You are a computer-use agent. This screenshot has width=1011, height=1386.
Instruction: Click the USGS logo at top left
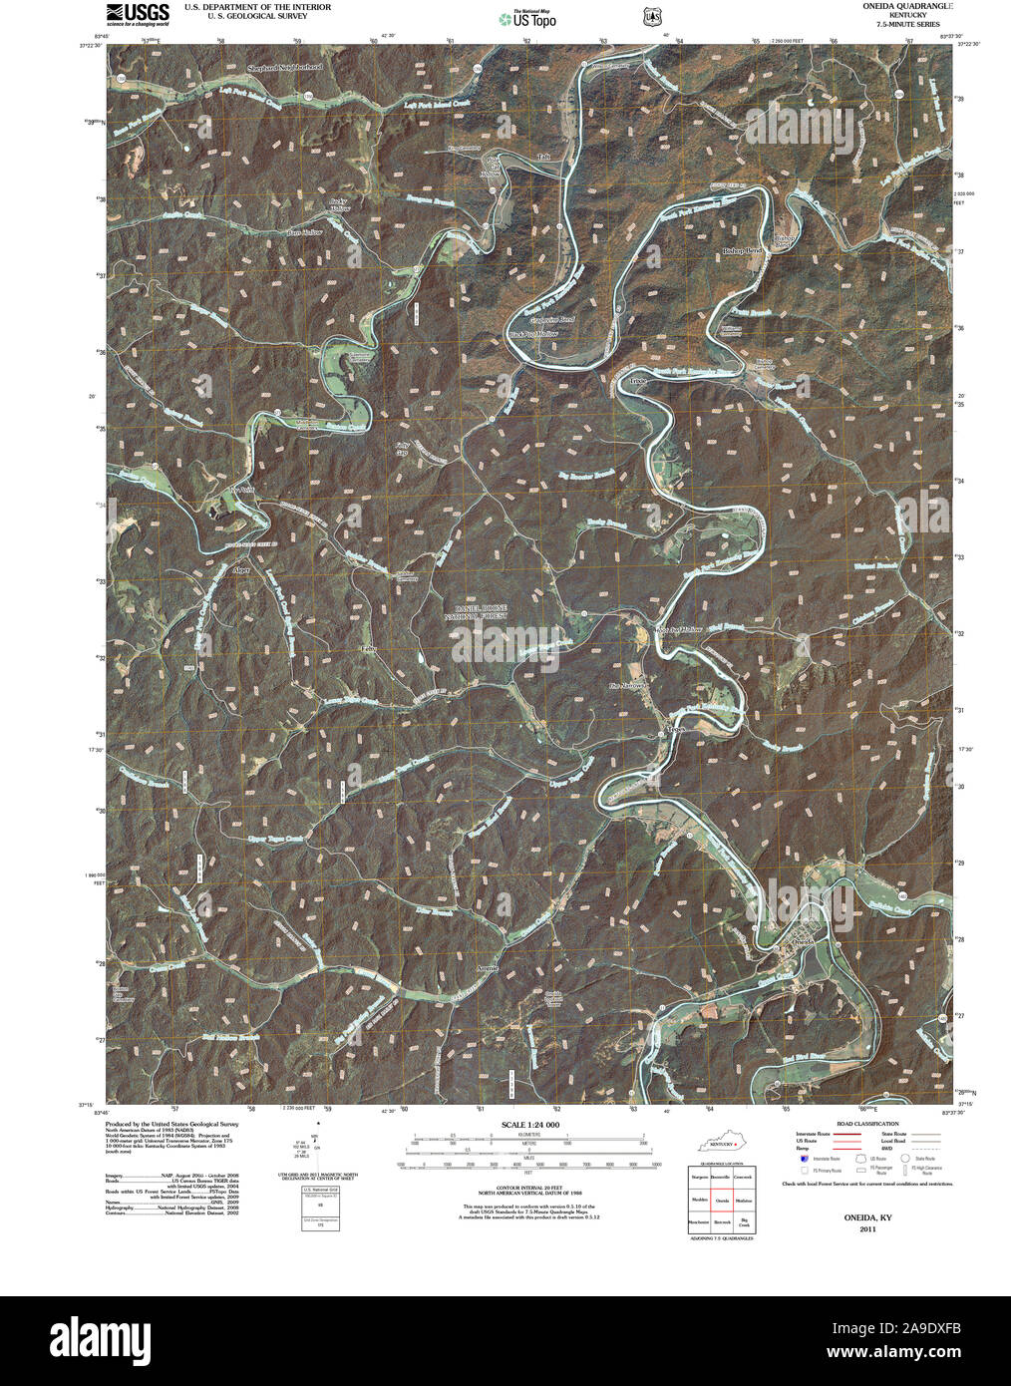tap(138, 13)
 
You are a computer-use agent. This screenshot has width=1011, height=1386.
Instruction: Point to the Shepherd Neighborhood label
tap(285, 68)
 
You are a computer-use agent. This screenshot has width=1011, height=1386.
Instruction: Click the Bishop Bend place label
tap(742, 251)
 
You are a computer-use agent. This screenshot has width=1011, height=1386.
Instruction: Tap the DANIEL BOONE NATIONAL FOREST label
tap(481, 612)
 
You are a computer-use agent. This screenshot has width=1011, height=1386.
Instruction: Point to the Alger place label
tap(240, 570)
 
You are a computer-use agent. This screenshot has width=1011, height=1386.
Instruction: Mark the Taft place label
tap(543, 157)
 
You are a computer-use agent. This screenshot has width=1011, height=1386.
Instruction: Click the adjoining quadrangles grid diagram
tap(720, 1201)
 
